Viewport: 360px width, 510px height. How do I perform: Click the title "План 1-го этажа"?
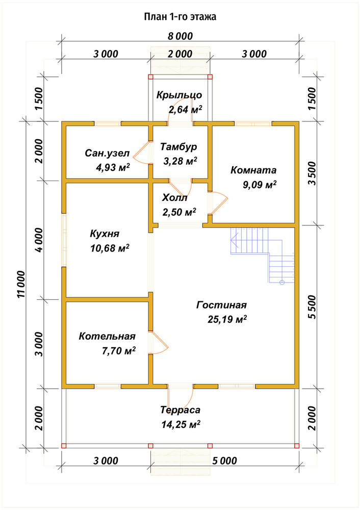(x=180, y=17)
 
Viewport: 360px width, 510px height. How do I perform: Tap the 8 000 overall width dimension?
(x=180, y=36)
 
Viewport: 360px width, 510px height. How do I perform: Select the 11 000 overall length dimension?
(x=21, y=284)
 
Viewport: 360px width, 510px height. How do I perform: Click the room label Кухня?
(x=105, y=234)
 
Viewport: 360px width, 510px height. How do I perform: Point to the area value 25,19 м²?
(x=227, y=319)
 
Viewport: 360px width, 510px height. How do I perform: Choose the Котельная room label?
(x=107, y=336)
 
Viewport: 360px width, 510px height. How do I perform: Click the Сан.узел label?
(x=107, y=153)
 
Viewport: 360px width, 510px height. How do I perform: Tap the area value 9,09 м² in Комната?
(x=260, y=185)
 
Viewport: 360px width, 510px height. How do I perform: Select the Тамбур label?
(x=178, y=147)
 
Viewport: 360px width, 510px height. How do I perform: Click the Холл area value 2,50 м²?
(x=179, y=212)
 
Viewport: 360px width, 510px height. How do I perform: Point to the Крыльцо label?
(x=179, y=95)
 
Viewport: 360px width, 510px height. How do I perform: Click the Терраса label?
(x=180, y=410)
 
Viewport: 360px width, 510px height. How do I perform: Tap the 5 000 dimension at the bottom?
(x=225, y=461)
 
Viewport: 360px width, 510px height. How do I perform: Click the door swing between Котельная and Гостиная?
(x=159, y=343)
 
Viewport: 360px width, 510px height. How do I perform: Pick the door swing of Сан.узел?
(x=142, y=152)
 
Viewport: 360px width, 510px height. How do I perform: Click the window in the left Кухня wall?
(x=64, y=240)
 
